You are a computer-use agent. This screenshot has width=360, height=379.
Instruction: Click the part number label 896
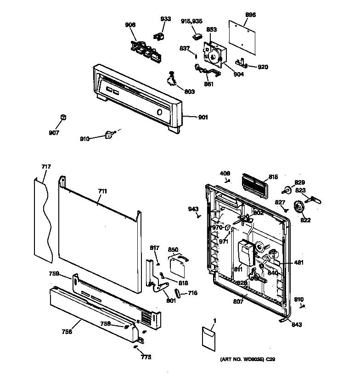pos(250,15)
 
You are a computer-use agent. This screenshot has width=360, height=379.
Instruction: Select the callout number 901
pos(202,118)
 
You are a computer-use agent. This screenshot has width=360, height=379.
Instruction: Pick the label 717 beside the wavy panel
pos(46,166)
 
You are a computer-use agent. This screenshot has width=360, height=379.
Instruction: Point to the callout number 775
pos(146,357)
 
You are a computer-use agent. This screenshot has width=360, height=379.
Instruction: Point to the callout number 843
pos(297,325)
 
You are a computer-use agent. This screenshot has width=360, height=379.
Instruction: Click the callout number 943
pos(193,209)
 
